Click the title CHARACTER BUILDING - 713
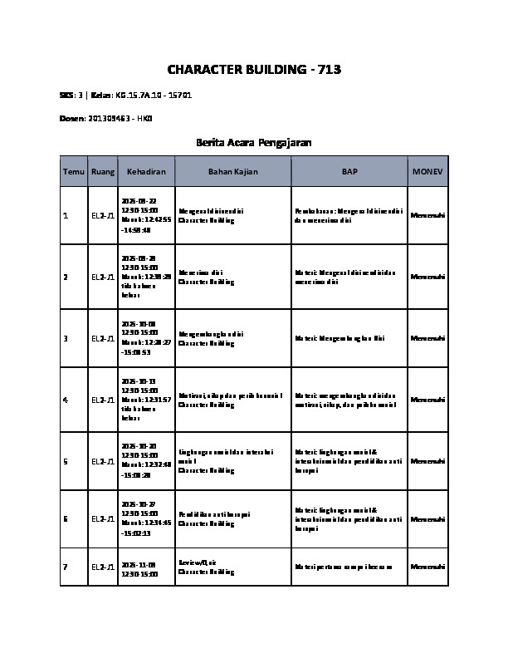pyautogui.click(x=254, y=69)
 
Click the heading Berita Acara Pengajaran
pyautogui.click(x=254, y=143)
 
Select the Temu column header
pyautogui.click(x=73, y=171)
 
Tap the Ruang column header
pyautogui.click(x=103, y=171)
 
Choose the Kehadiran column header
pyautogui.click(x=146, y=171)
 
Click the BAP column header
pyautogui.click(x=349, y=171)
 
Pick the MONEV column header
pyautogui.click(x=427, y=171)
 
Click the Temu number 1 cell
pyautogui.click(x=66, y=216)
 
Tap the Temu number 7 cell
pyautogui.click(x=66, y=567)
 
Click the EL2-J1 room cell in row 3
pyautogui.click(x=103, y=338)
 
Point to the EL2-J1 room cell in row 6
pyautogui.click(x=103, y=519)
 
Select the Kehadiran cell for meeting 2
pyautogui.click(x=146, y=277)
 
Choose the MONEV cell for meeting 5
pyautogui.click(x=427, y=461)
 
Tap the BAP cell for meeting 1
pyautogui.click(x=349, y=216)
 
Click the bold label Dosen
pyautogui.click(x=72, y=119)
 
